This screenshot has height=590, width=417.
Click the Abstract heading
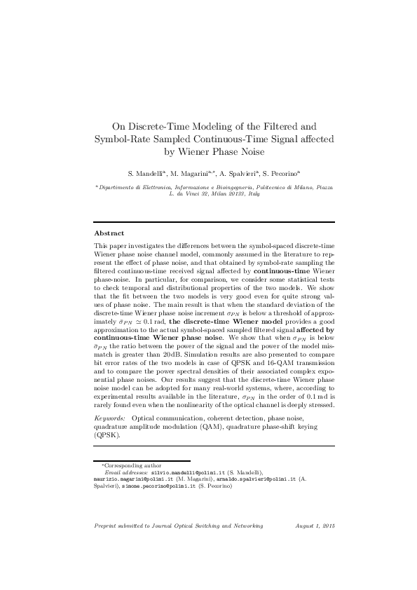pos(109,233)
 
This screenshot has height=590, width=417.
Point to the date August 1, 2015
pos(316,525)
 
